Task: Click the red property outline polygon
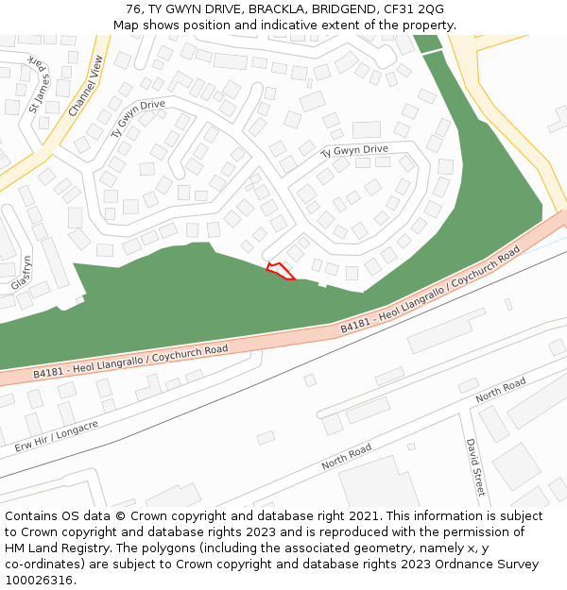(280, 272)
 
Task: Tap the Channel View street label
(86, 86)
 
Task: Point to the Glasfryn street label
(21, 273)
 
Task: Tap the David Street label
(475, 467)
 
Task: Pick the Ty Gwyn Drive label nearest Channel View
(138, 119)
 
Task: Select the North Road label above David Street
(501, 390)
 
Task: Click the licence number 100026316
(40, 581)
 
